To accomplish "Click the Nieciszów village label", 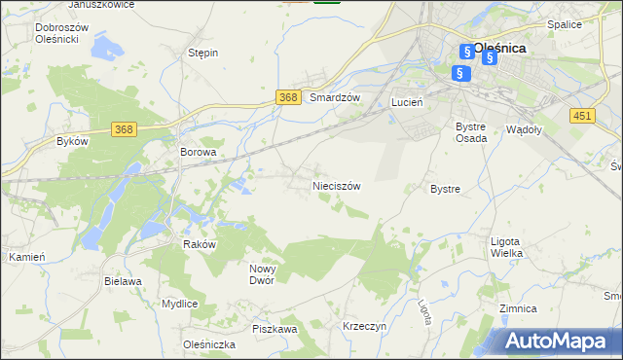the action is click(x=337, y=186).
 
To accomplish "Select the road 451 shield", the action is click(x=582, y=116).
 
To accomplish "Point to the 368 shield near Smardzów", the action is click(x=287, y=97).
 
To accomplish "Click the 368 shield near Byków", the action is click(x=123, y=129).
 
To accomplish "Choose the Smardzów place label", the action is click(x=335, y=98).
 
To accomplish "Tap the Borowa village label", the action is click(x=197, y=153).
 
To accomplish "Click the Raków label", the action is click(x=199, y=245).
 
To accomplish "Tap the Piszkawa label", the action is click(x=274, y=330).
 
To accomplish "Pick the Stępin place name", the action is click(x=202, y=53).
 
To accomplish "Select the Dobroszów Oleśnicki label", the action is click(x=61, y=34).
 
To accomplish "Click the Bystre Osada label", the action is click(x=471, y=132).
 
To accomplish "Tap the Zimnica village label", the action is click(x=517, y=308).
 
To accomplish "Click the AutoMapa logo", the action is click(x=557, y=341).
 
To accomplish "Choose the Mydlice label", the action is click(x=180, y=304).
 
